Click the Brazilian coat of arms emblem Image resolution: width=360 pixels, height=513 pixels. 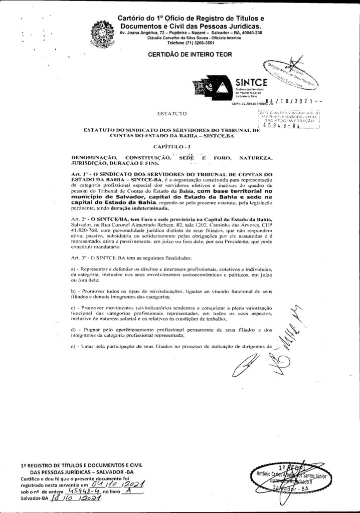pos(102,34)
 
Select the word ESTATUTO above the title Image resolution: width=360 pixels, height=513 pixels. pos(172,114)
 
